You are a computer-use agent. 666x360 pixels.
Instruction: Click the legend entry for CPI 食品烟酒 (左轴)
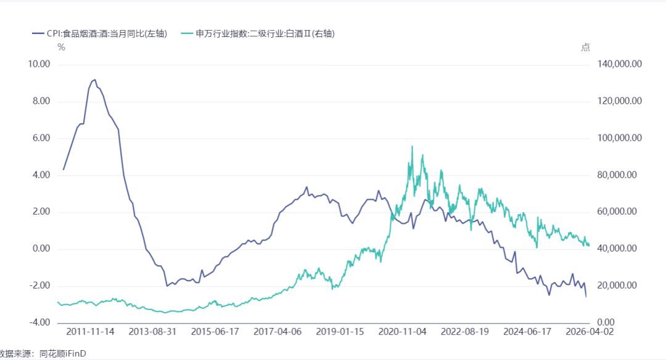(100, 33)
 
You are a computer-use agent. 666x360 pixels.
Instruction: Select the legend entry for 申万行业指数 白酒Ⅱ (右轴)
(258, 33)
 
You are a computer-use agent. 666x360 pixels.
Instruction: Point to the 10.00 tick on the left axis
(39, 64)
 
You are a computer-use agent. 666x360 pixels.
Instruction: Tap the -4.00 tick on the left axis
(39, 322)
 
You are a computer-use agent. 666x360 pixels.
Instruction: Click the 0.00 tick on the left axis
(41, 248)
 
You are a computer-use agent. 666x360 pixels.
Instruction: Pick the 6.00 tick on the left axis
(41, 138)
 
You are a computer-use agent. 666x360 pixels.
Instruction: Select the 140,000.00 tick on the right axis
(619, 64)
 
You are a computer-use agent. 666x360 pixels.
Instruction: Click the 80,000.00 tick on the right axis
(617, 175)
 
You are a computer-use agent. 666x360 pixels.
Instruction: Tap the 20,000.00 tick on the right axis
(617, 285)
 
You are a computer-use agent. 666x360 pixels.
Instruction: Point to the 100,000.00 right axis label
(619, 138)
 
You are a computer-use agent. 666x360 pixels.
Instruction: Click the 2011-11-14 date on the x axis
(90, 332)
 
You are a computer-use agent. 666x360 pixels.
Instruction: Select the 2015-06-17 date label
(215, 332)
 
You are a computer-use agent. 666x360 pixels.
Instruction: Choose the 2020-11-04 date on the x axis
(402, 332)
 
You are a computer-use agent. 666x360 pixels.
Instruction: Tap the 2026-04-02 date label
(590, 332)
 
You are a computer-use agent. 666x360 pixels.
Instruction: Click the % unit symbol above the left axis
(61, 47)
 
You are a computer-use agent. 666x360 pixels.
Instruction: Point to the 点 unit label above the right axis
(586, 47)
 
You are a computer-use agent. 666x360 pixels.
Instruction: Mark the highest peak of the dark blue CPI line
(95, 80)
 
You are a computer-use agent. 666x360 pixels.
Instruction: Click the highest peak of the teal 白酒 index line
(412, 147)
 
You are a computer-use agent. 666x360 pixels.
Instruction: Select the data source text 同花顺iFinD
(63, 353)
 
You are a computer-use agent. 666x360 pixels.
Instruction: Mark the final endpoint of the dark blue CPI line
(586, 297)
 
